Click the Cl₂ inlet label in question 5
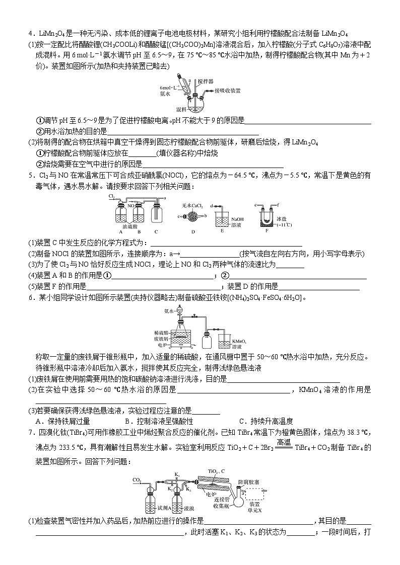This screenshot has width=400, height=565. pyautogui.click(x=111, y=196)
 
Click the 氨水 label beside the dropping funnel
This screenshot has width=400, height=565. pyautogui.click(x=169, y=311)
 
